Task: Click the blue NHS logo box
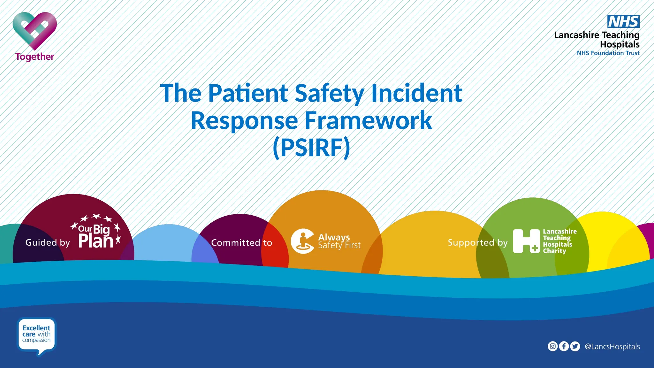point(623,22)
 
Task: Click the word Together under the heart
point(35,57)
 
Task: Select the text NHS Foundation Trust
point(608,53)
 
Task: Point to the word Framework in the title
point(368,120)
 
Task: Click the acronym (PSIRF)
point(311,148)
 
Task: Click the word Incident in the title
point(416,93)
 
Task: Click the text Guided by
point(48,243)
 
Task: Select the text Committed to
point(241,243)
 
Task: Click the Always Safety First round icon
point(302,241)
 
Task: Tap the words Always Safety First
point(339,241)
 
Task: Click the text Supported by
point(477,243)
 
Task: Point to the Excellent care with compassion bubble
point(36,334)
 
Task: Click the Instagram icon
point(553,346)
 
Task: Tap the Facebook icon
point(564,346)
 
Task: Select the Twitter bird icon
point(575,346)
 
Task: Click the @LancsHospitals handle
point(612,347)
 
